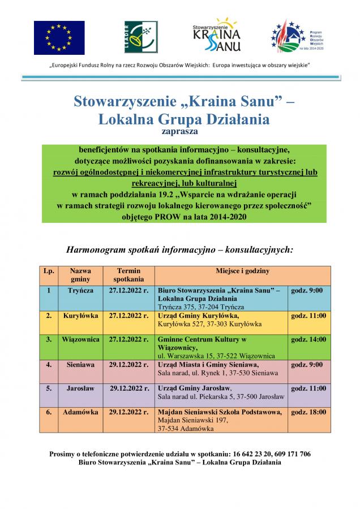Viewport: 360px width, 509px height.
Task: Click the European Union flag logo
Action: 59,37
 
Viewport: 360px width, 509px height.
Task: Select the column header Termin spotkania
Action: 128,275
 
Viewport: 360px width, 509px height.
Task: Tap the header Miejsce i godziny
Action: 242,271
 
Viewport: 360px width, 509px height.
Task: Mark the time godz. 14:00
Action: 308,339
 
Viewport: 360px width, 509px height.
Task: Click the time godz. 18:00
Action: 308,413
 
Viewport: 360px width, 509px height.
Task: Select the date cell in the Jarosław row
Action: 128,389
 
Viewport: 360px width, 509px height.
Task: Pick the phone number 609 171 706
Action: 290,454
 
